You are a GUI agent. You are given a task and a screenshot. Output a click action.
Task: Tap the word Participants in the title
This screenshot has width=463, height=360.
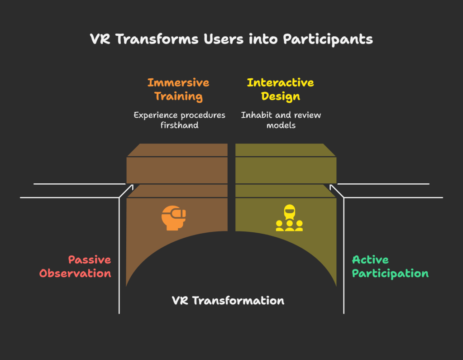[328, 39]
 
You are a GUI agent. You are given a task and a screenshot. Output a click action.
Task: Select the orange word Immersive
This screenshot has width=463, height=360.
[178, 82]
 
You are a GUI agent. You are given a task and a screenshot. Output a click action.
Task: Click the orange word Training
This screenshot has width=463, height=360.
[178, 96]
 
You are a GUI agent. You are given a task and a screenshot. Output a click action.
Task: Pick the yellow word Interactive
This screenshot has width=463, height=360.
[280, 82]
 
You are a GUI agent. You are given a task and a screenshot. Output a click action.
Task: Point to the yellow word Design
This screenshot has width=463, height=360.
[280, 96]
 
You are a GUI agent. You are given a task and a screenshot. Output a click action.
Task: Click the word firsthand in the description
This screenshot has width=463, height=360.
[179, 125]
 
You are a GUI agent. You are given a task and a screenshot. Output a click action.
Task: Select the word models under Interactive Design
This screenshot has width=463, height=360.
[281, 125]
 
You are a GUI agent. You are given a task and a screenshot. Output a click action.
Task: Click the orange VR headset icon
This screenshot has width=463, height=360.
[174, 217]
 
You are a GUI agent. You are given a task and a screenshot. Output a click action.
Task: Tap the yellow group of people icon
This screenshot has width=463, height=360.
[289, 218]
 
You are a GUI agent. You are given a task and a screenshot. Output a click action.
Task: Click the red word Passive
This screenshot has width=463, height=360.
[90, 260]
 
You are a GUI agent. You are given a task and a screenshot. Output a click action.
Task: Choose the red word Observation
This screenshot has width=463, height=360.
[75, 274]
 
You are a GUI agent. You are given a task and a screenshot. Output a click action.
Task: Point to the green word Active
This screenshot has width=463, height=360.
[370, 260]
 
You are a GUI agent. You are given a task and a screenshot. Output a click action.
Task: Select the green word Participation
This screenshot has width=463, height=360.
[390, 274]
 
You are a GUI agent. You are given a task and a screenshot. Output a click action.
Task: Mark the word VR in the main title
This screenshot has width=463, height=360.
[100, 39]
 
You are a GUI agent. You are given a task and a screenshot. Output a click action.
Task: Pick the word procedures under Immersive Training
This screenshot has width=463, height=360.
[202, 115]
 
